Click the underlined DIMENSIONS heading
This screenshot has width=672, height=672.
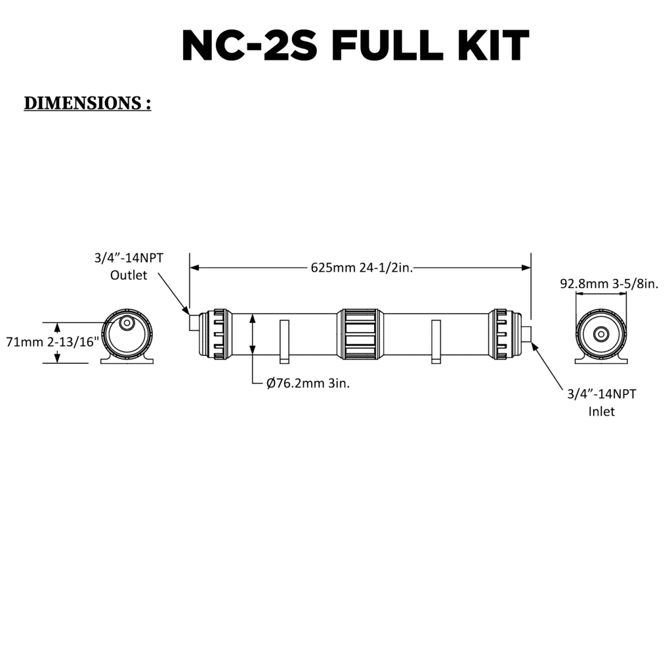87,103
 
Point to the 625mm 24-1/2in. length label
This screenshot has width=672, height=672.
361,268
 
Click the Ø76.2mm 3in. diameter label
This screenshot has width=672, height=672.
308,384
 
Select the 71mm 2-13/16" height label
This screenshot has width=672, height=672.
52,342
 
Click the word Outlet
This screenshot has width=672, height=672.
129,275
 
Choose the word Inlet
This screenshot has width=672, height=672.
601,412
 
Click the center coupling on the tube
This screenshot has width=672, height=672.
358,334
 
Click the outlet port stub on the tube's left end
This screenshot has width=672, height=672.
194,323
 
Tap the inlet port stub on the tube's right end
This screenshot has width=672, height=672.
526,331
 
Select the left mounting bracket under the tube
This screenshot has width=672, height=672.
284,341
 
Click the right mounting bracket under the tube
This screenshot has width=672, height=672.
436,341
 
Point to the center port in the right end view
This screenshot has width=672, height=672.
600,334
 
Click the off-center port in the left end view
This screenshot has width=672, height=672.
127,324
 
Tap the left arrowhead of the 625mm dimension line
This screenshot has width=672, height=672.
194,268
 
